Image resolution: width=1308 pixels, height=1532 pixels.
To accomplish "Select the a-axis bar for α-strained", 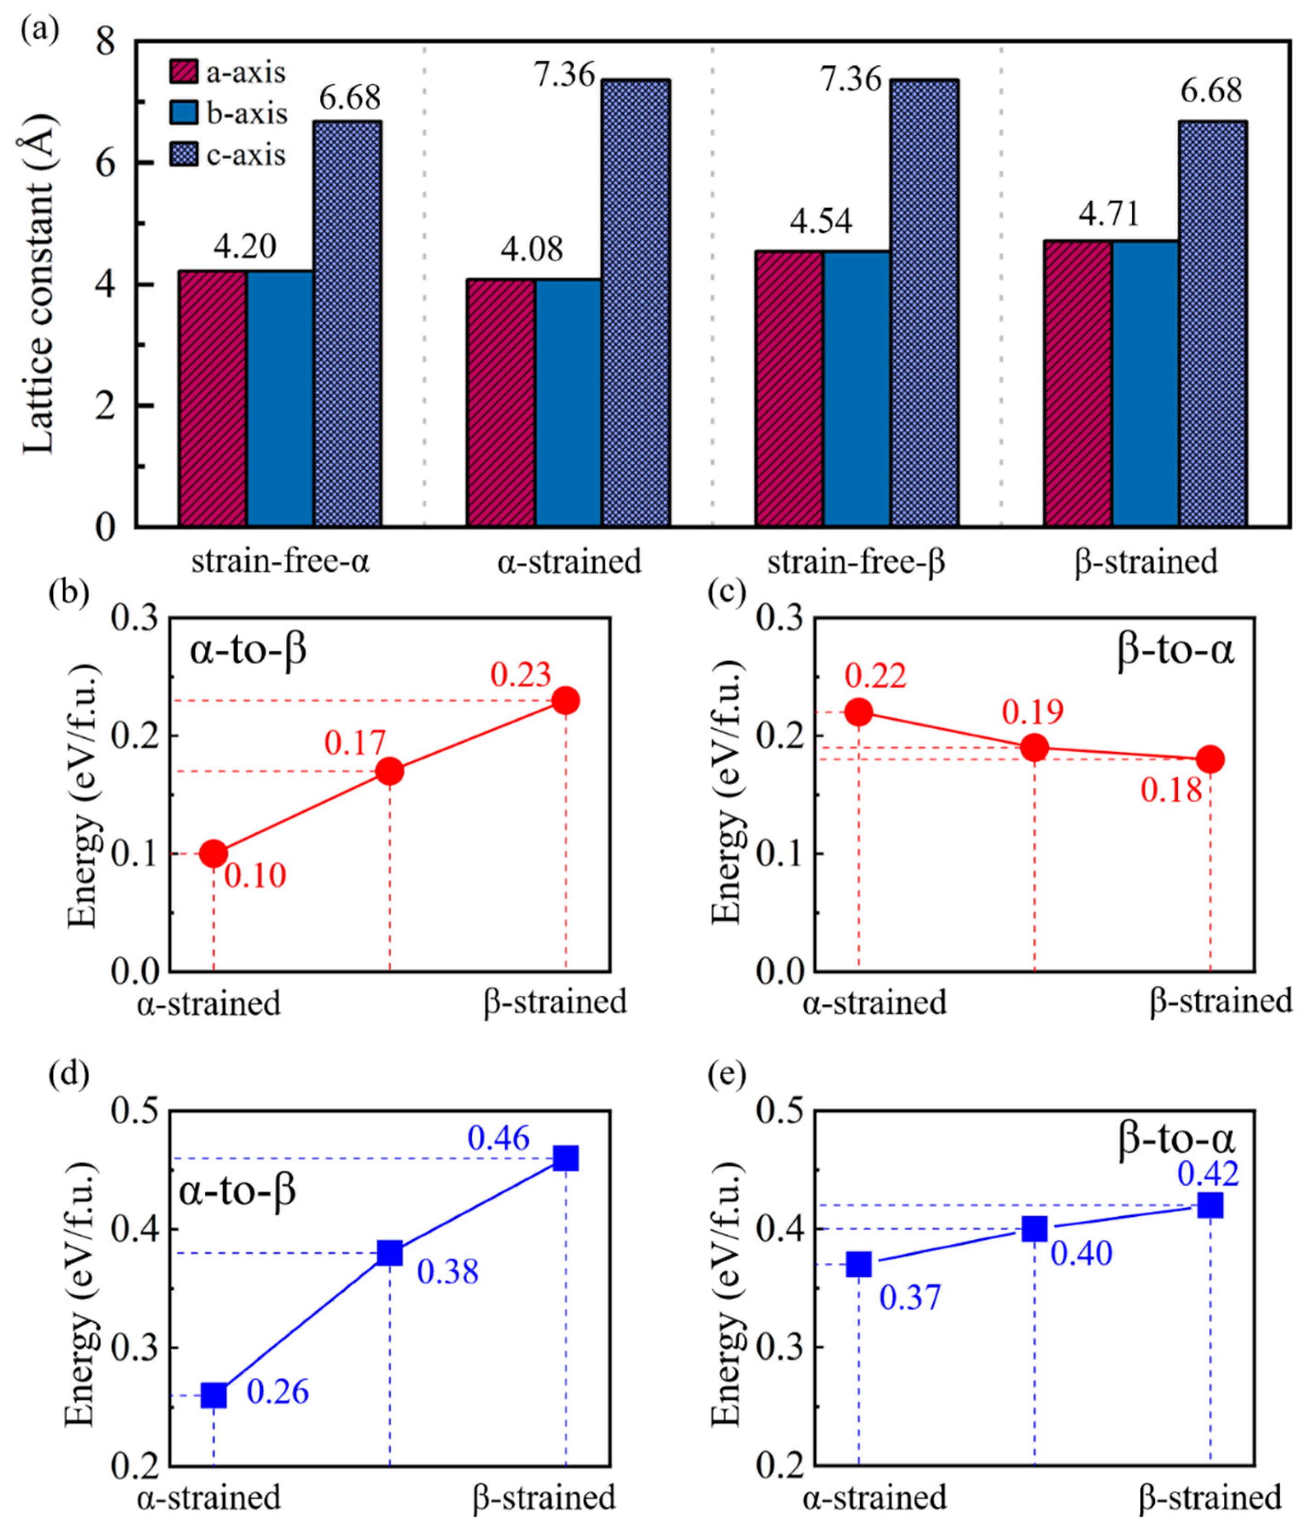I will pos(501,403).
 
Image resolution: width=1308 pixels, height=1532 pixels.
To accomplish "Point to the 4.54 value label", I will pos(821,221).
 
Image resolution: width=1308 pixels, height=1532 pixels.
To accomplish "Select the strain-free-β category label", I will pos(856,563).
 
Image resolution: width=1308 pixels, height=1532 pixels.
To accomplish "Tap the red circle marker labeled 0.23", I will pos(566,700).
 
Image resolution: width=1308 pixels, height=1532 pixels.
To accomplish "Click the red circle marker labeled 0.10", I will pos(214,854).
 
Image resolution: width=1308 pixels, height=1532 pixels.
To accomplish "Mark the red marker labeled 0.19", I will pos(1035,748).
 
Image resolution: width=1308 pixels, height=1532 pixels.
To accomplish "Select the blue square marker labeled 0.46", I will pos(566,1159).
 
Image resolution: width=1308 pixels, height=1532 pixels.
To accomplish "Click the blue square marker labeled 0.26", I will pos(214,1395).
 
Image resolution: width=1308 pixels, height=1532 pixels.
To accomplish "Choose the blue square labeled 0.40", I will pos(1035,1230).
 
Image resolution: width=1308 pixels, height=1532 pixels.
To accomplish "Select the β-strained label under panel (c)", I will pos(1220,1002).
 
